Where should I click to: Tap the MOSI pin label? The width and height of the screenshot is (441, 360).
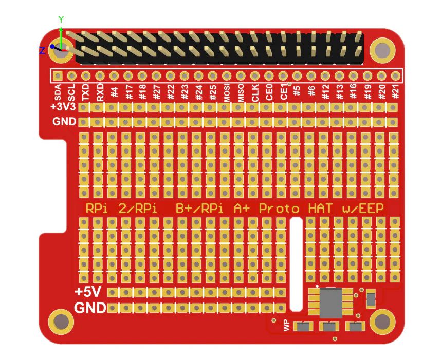click(x=227, y=92)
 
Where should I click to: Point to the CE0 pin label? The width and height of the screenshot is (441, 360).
click(x=269, y=92)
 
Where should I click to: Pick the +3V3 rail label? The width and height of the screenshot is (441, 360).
click(x=63, y=107)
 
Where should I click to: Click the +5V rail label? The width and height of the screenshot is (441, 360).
click(x=88, y=292)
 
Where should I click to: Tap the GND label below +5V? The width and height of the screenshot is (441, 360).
click(x=90, y=308)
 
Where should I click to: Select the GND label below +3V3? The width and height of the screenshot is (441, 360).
click(x=65, y=122)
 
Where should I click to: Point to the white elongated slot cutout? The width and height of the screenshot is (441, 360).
click(x=296, y=264)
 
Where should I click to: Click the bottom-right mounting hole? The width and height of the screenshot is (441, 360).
click(x=382, y=321)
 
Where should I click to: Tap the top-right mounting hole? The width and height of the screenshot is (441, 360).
click(x=382, y=50)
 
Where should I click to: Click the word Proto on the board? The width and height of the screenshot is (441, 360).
click(x=279, y=209)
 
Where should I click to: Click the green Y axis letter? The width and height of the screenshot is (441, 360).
click(x=61, y=20)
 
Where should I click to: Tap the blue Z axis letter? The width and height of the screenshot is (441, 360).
click(x=42, y=50)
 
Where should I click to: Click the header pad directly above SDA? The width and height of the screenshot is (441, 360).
click(x=58, y=75)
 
